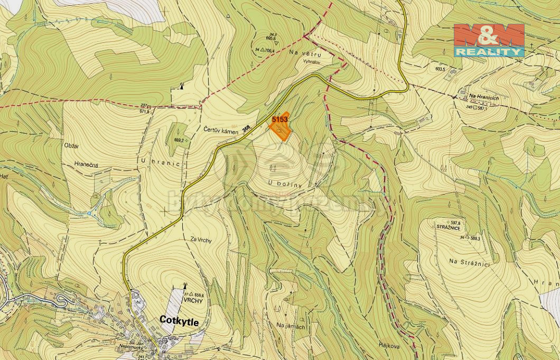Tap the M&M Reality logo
click(489, 40)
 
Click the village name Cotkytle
click(180, 321)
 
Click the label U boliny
click(284, 183)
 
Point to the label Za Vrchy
click(201, 240)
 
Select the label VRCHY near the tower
click(193, 300)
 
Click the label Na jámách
click(291, 326)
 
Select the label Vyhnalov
click(312, 61)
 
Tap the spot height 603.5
click(440, 69)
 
